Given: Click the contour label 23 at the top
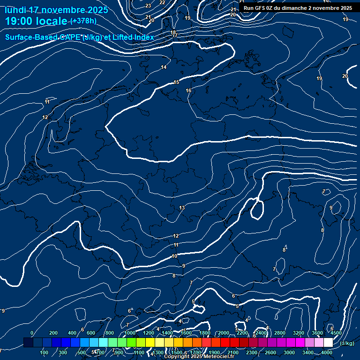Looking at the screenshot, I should [x=148, y=6].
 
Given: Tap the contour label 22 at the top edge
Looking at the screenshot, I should [x=162, y=2].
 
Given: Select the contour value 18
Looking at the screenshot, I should [x=173, y=32].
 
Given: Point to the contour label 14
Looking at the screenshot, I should [x=164, y=67].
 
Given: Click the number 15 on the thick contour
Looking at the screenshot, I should [x=176, y=82].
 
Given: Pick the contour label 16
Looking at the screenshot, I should [x=188, y=90].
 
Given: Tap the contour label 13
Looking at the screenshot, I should [x=182, y=208].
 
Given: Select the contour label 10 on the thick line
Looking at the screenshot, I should [x=174, y=256].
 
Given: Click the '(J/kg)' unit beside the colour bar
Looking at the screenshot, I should [x=346, y=343].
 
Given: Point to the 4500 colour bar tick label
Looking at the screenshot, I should [x=336, y=333].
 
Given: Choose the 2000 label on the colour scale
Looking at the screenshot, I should [x=224, y=333].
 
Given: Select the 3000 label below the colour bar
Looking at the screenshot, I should [x=289, y=352].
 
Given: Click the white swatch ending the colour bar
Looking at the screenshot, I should [x=328, y=343].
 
